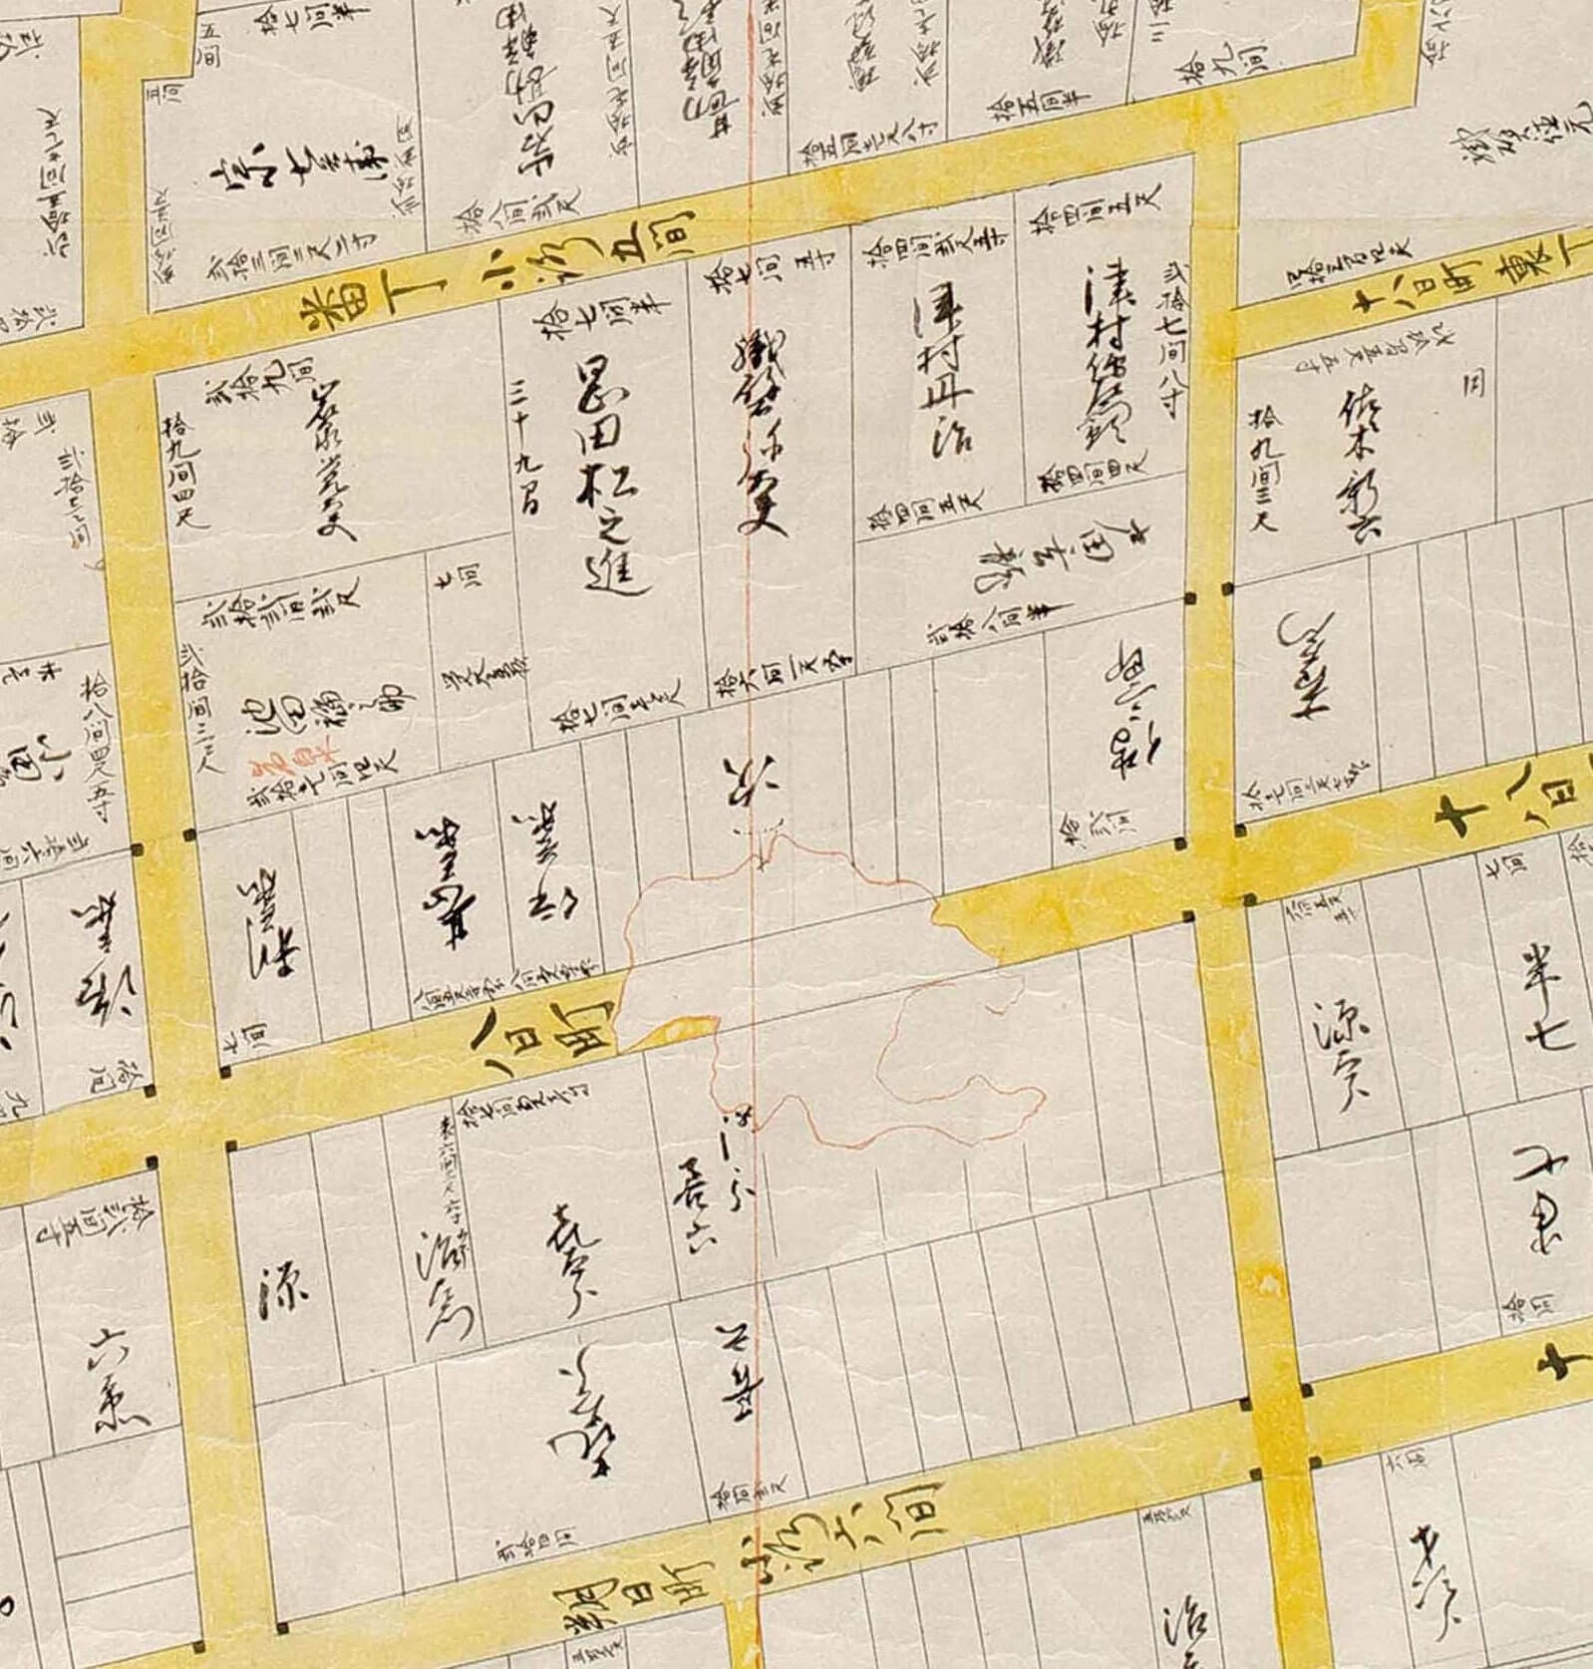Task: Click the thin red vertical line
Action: click(x=755, y=1346)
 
